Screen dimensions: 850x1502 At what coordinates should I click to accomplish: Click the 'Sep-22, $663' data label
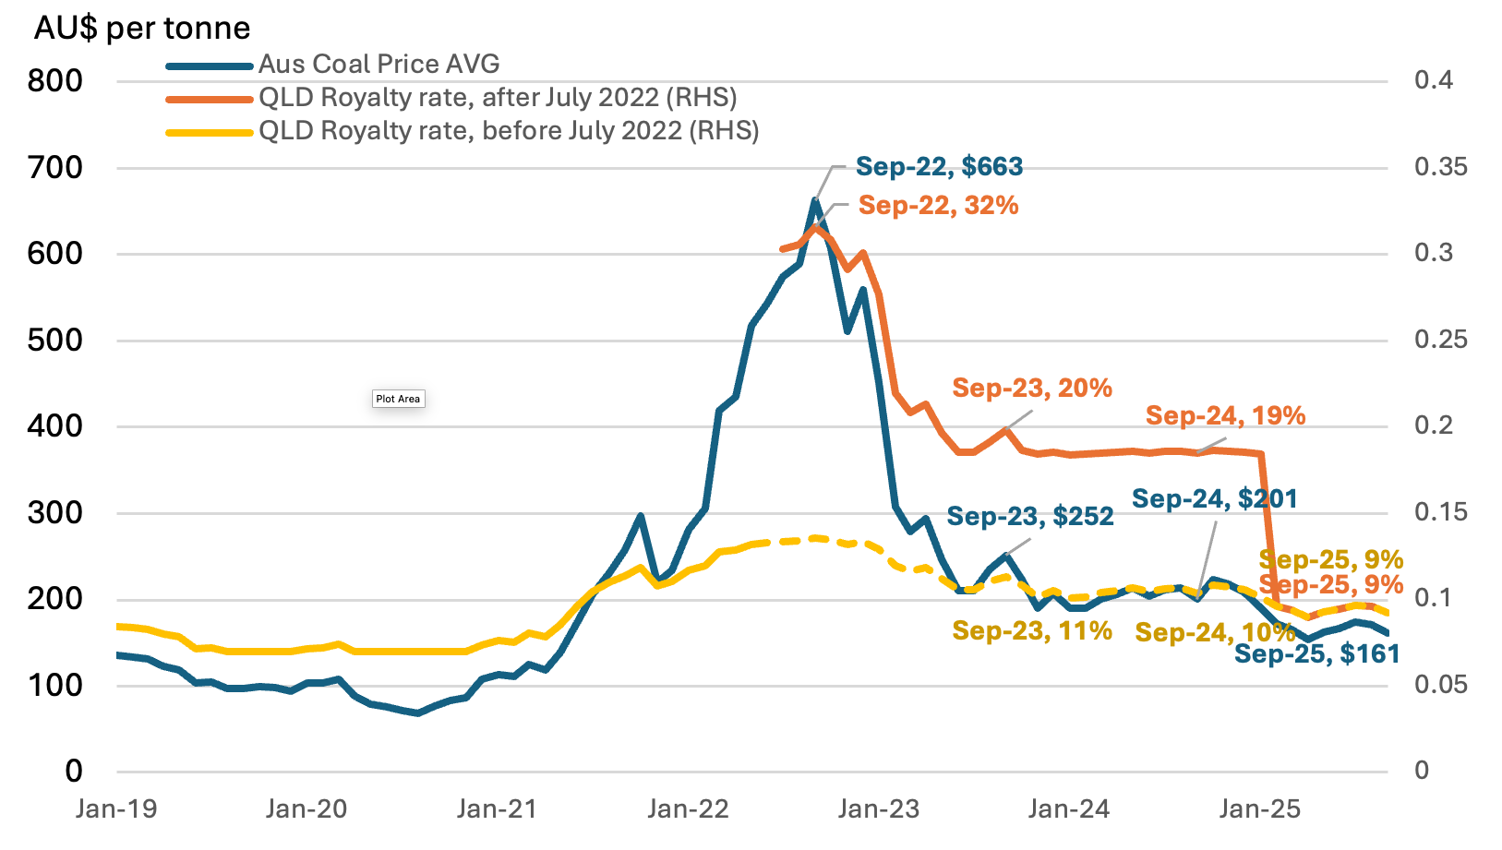939,166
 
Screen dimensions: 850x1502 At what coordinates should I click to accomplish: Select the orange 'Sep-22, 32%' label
938,205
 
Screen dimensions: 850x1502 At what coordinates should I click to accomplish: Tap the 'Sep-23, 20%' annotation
1031,388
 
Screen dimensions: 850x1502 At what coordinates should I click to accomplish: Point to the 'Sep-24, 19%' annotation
1225,415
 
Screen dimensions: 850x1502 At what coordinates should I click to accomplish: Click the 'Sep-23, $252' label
1029,516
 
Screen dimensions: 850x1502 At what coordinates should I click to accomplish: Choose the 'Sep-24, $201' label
1214,498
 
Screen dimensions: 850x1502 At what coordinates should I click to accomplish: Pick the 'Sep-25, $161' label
1316,653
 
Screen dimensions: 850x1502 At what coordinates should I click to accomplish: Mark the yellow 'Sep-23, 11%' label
1031,630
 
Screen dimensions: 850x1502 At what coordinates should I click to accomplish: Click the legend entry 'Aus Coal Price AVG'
379,64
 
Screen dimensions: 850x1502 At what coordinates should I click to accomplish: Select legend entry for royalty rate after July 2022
497,97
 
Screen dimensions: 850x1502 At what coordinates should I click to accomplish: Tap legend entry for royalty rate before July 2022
508,130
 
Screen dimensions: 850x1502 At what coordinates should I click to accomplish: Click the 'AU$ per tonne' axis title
142,28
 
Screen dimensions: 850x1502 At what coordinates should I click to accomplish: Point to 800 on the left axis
54,80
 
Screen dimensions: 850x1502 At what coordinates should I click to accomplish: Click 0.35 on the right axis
1439,166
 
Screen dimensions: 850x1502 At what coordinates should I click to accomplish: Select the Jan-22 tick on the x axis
688,809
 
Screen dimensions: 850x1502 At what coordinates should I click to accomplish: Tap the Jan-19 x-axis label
116,809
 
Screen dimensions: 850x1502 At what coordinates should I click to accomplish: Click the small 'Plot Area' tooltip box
398,399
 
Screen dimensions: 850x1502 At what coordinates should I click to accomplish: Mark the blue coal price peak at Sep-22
815,199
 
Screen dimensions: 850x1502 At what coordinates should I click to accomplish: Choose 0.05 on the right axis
1439,684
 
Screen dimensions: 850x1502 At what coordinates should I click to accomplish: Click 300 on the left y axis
54,512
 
